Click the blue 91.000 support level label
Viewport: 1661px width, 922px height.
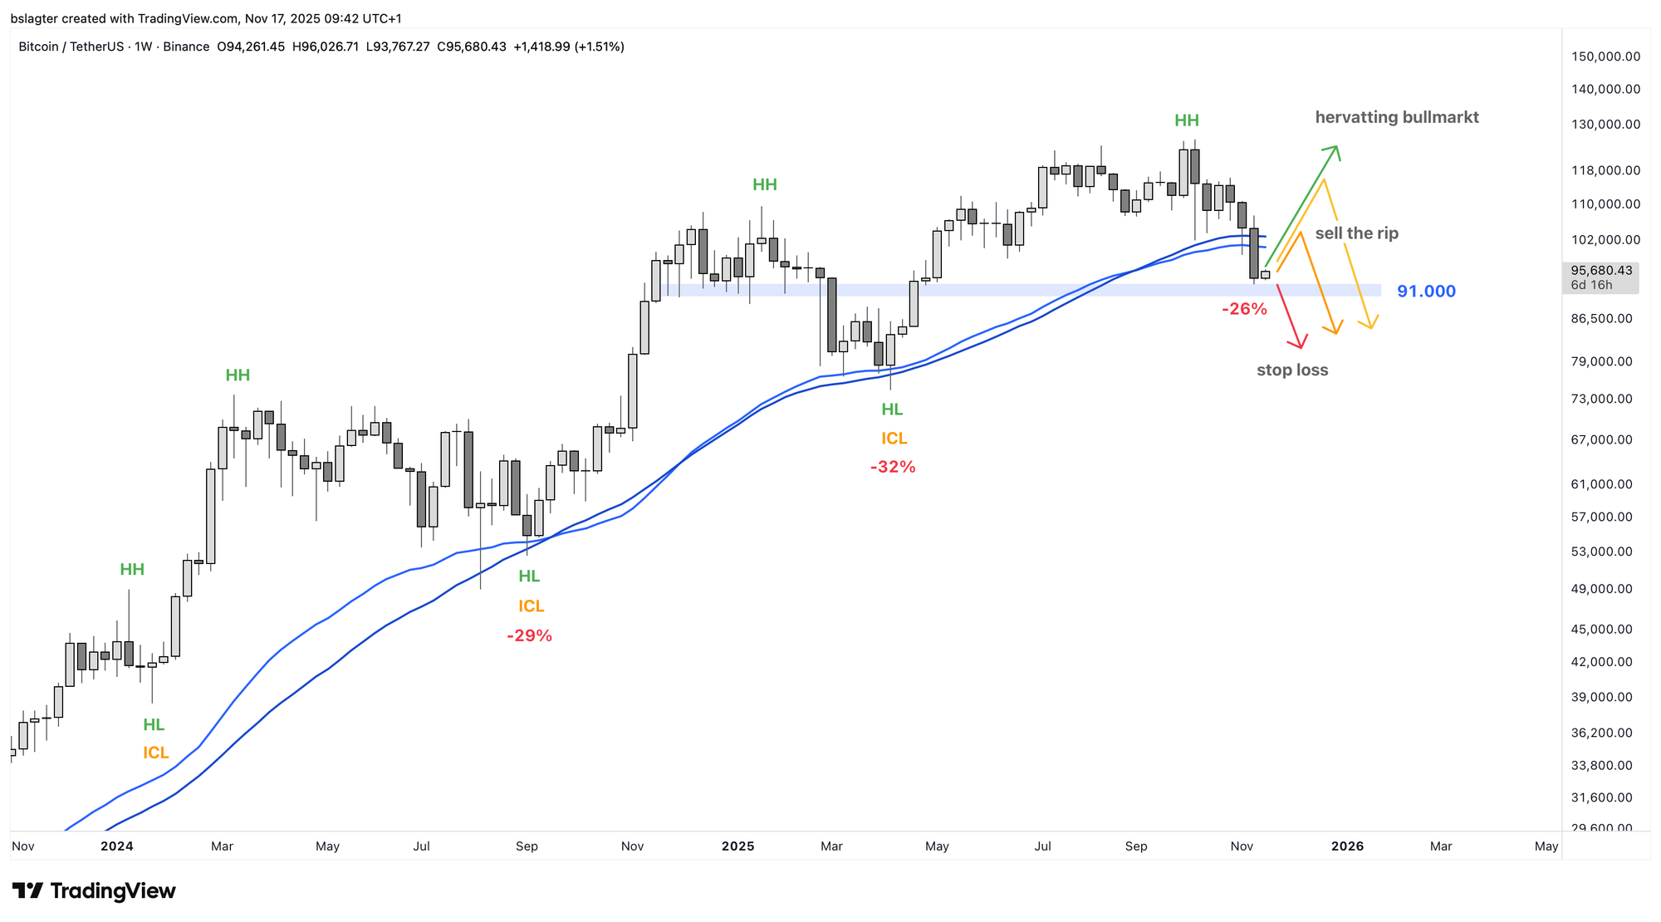[x=1426, y=292]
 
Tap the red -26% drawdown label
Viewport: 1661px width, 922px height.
[x=1244, y=310]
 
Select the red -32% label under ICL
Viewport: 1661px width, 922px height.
[x=893, y=468]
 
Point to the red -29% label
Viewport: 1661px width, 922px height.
[x=529, y=636]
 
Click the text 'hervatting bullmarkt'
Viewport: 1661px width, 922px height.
[x=1397, y=118]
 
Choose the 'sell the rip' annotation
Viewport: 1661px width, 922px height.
[x=1356, y=233]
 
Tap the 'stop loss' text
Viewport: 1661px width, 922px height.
[x=1292, y=370]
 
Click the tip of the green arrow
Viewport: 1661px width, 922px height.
[x=1336, y=147]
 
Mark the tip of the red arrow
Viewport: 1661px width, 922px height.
[x=1300, y=346]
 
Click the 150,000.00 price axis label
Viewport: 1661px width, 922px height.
[x=1605, y=56]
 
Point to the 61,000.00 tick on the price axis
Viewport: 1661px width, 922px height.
[x=1605, y=484]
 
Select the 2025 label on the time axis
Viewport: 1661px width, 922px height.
[x=737, y=846]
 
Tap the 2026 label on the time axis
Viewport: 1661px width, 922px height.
[x=1347, y=846]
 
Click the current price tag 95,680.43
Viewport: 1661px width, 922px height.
[x=1601, y=271]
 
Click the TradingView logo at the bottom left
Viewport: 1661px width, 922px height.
[x=94, y=891]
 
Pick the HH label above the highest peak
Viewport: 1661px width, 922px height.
[x=1187, y=121]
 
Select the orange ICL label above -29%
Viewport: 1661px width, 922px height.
[x=531, y=606]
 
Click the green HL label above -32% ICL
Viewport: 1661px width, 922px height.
[x=892, y=410]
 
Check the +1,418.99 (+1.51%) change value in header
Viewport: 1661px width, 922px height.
[x=568, y=47]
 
